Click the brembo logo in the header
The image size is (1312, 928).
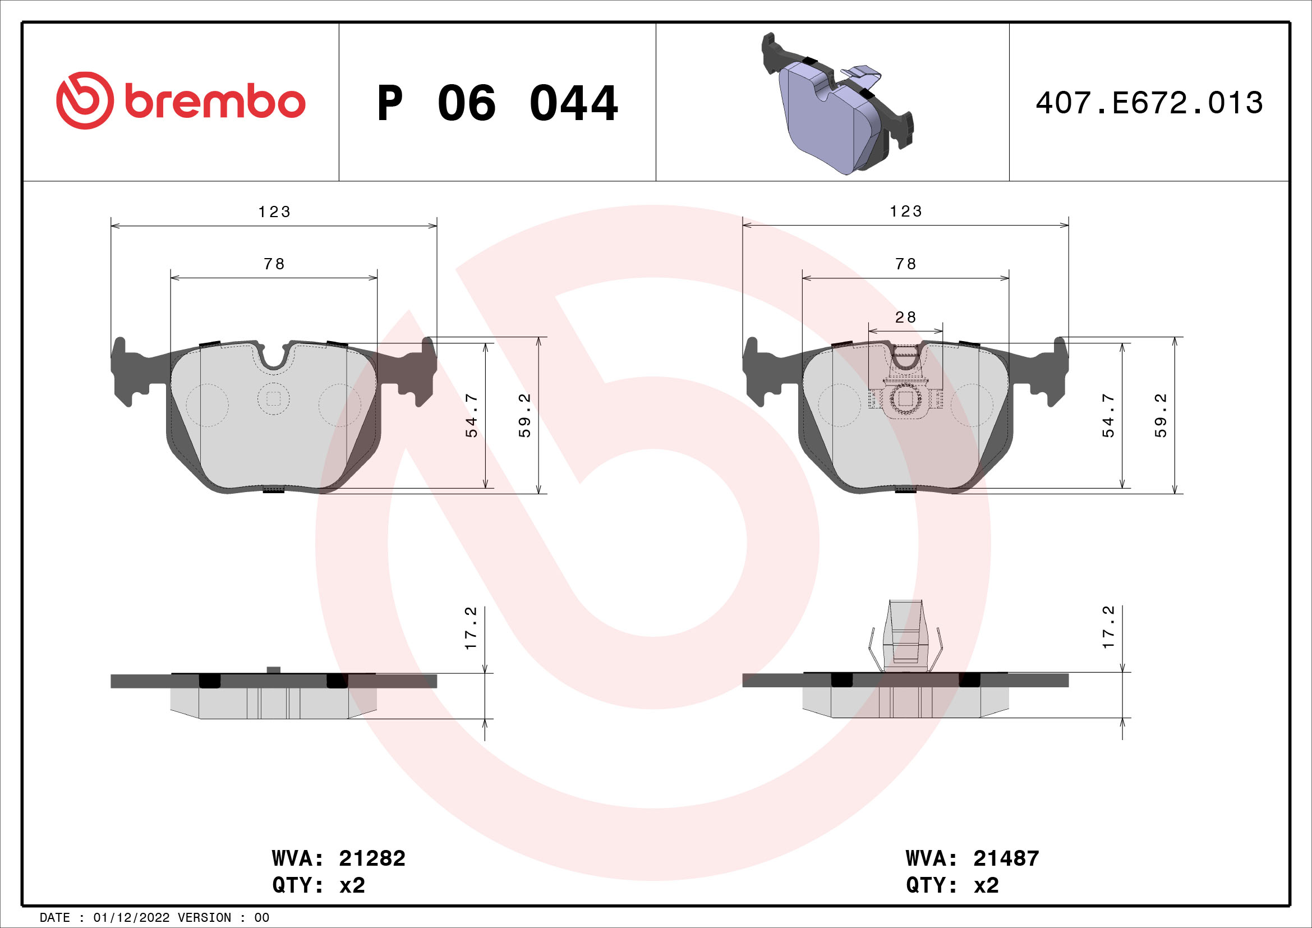pyautogui.click(x=181, y=100)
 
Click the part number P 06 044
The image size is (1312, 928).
pyautogui.click(x=497, y=103)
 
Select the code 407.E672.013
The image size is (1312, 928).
pyautogui.click(x=1149, y=103)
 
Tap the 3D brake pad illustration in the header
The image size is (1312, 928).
pyautogui.click(x=837, y=104)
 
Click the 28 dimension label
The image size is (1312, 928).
pyautogui.click(x=905, y=317)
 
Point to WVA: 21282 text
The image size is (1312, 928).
pyautogui.click(x=338, y=858)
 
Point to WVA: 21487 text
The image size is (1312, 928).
pyautogui.click(x=972, y=858)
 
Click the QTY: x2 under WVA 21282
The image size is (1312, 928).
pyautogui.click(x=318, y=885)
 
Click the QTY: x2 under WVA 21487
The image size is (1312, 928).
pyautogui.click(x=952, y=885)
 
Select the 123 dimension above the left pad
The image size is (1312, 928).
pyautogui.click(x=274, y=212)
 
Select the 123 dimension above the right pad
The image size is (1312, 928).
pyautogui.click(x=906, y=212)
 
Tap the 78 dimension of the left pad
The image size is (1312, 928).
pyautogui.click(x=274, y=264)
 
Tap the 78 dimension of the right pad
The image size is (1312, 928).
pyautogui.click(x=906, y=264)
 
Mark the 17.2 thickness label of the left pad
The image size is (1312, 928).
pyautogui.click(x=470, y=627)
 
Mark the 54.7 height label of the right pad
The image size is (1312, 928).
pyautogui.click(x=1108, y=415)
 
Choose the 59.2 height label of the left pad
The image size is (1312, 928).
pyautogui.click(x=524, y=415)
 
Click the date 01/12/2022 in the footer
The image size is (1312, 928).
pyautogui.click(x=131, y=918)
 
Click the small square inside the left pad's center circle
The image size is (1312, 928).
pyautogui.click(x=274, y=399)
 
